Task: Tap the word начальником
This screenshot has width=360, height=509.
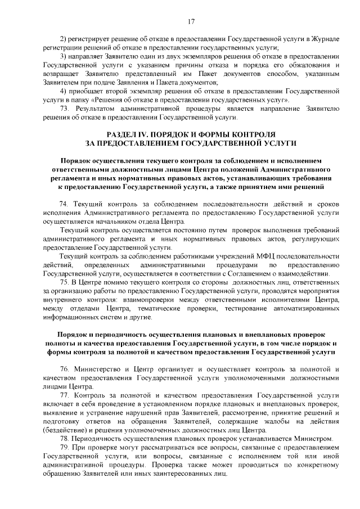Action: click(107, 222)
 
